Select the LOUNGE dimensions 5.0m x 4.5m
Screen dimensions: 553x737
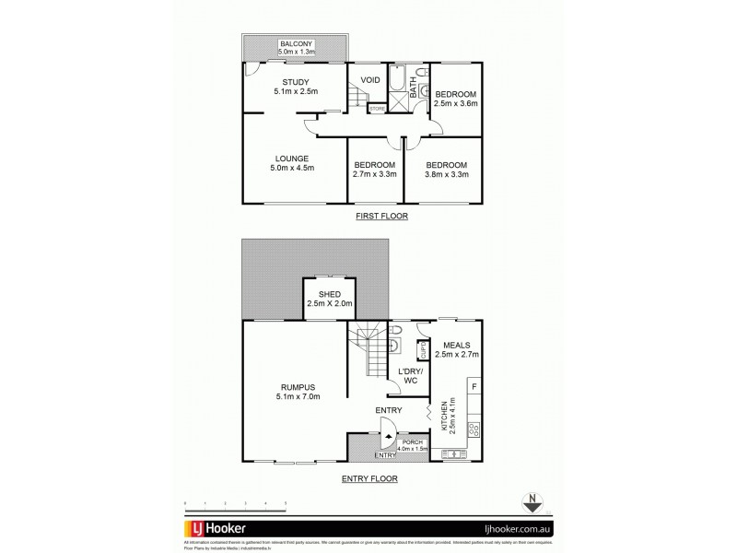293,168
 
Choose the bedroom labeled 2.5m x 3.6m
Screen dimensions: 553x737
456,100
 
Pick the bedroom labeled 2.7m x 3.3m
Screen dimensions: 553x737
375,169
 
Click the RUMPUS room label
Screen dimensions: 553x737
295,391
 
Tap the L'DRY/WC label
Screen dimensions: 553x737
409,377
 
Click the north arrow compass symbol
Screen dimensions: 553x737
531,502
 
